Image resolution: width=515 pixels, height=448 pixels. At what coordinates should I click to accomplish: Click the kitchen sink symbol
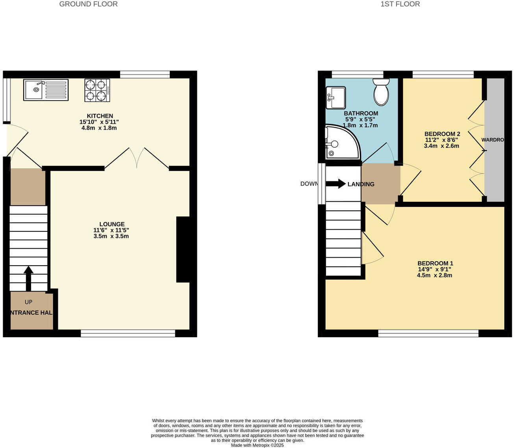[46, 90]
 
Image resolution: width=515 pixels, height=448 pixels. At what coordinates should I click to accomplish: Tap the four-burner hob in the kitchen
[97, 90]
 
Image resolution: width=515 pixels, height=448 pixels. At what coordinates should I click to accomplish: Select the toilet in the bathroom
[381, 92]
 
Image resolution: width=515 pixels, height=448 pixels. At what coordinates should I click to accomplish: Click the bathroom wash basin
[336, 97]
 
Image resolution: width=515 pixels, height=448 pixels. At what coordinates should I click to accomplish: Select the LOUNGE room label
[112, 224]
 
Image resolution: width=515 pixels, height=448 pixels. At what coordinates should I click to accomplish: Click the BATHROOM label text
[361, 113]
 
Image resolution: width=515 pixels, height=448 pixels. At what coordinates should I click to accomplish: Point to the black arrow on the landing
[336, 184]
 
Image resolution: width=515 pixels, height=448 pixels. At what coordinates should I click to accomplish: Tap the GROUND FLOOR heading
[88, 4]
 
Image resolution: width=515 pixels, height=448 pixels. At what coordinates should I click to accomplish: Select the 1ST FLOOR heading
[400, 4]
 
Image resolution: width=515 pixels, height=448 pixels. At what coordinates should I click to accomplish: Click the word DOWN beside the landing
[309, 184]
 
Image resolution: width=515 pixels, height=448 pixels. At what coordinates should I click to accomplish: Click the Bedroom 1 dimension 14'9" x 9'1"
[435, 270]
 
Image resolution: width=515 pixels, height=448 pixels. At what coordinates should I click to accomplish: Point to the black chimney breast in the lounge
[183, 249]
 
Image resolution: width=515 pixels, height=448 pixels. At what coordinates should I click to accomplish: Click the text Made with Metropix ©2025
[257, 445]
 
